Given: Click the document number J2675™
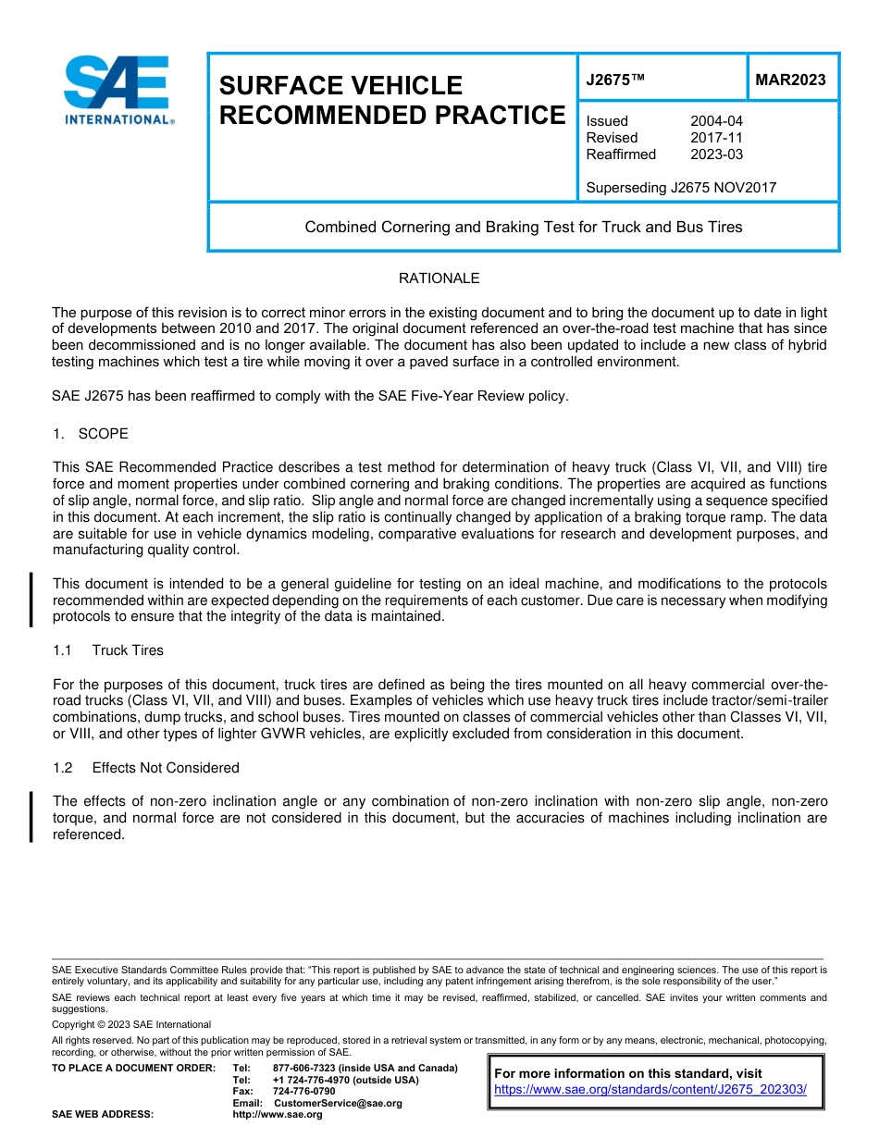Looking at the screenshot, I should pos(614,80).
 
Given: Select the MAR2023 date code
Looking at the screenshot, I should pos(790,80).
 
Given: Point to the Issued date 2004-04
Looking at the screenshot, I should pos(716,121).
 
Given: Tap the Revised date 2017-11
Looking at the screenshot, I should pos(716,138).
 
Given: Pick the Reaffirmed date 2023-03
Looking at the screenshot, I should pos(716,155).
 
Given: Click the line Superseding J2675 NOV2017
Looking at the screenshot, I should pos(681,188).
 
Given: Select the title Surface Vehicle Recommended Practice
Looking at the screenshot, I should pos(390,100).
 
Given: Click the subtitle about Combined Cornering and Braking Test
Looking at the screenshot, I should pos(524,227).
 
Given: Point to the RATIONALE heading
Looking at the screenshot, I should pos(439,278).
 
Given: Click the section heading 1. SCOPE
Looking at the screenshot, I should pos(91,434).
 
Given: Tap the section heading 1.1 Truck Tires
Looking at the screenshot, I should pos(108,650).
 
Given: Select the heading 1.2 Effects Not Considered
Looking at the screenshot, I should pos(146,768).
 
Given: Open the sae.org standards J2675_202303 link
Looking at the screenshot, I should pos(650,1090).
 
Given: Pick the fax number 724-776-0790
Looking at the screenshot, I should pos(303,1092).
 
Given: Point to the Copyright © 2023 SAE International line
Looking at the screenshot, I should pos(131,1024).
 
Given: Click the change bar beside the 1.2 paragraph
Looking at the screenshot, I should pos(31,817).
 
